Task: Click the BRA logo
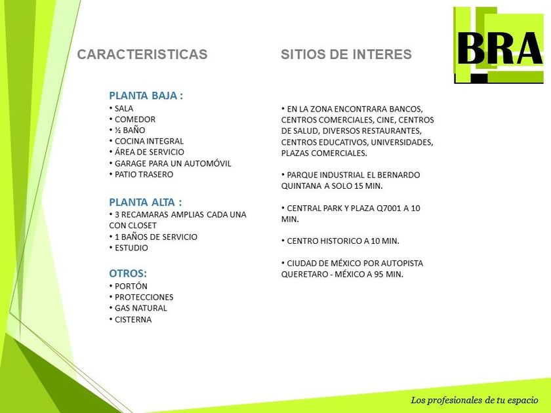tap(499, 45)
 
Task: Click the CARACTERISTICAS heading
tap(142, 54)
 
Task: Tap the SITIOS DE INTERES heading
tap(346, 54)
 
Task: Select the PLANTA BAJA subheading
tap(146, 96)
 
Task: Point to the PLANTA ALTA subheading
tap(146, 203)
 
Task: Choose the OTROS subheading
tap(128, 273)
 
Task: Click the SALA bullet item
tap(121, 109)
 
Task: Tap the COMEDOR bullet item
tap(132, 119)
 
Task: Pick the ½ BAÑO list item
tap(127, 130)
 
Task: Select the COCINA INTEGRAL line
tap(146, 141)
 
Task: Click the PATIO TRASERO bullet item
tap(141, 174)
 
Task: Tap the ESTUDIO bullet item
tap(129, 248)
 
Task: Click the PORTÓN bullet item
tap(129, 286)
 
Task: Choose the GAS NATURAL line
tap(138, 308)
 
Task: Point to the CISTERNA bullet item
tap(131, 320)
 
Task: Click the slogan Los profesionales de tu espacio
tap(474, 401)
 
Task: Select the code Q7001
tap(388, 208)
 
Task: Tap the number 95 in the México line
tap(378, 274)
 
